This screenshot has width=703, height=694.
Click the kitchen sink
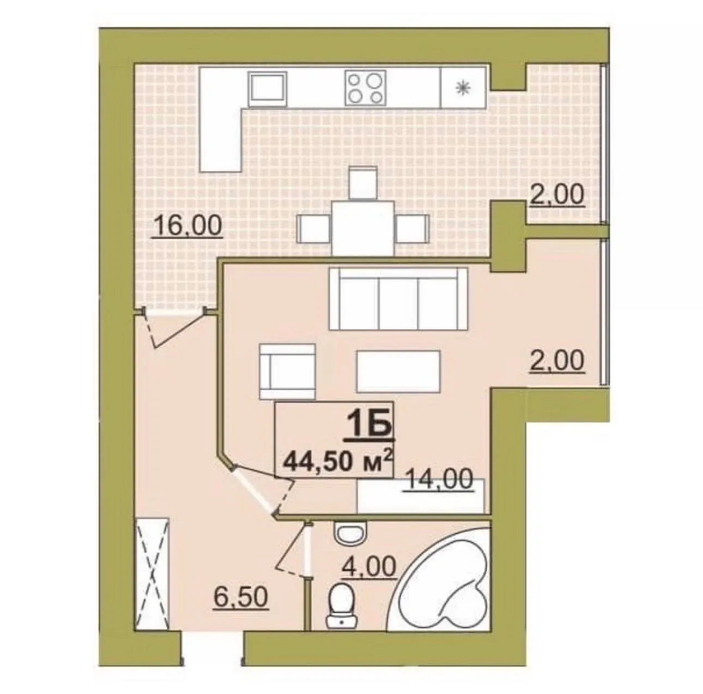click(267, 89)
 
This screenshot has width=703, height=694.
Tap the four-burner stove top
click(366, 88)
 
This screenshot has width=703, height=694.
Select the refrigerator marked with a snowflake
click(463, 87)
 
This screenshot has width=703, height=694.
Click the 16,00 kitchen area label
click(188, 226)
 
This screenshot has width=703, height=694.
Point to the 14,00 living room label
click(439, 479)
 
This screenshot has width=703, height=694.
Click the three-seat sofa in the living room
click(398, 299)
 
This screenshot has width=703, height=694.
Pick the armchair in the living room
click(287, 371)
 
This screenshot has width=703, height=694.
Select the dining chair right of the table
click(411, 228)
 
